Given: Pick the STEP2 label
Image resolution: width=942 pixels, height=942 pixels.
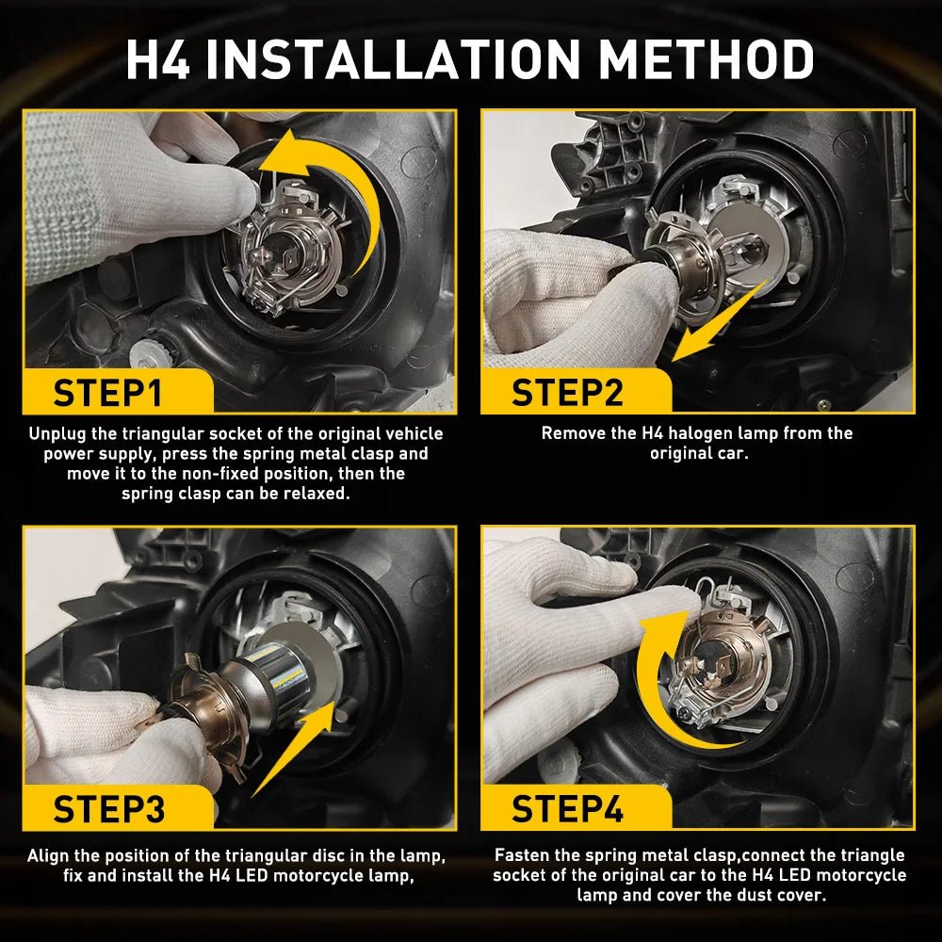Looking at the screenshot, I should tap(567, 393).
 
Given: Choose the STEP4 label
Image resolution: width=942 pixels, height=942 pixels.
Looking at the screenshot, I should tap(567, 808).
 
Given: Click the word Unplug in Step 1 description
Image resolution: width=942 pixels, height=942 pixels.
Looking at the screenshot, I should tap(56, 434).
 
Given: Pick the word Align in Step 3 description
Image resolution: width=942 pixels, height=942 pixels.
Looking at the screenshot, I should tap(47, 856).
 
